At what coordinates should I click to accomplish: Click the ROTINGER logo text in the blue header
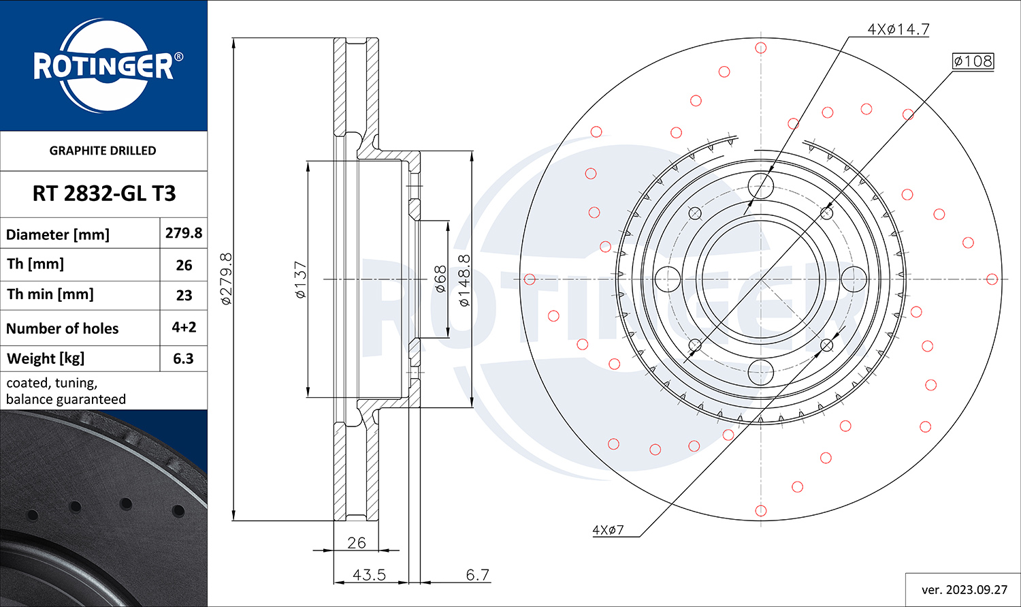pyautogui.click(x=103, y=66)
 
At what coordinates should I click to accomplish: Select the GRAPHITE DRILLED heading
pyautogui.click(x=103, y=151)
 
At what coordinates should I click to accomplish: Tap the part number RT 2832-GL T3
pyautogui.click(x=104, y=193)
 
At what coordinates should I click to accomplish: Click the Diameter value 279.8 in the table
pyautogui.click(x=184, y=233)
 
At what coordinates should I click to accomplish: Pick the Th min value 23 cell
pyautogui.click(x=184, y=295)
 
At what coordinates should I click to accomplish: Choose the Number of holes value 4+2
pyautogui.click(x=184, y=327)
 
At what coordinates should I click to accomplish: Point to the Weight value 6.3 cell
pyautogui.click(x=184, y=358)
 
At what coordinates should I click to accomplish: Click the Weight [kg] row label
pyautogui.click(x=46, y=358)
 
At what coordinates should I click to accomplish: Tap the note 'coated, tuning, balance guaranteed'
pyautogui.click(x=66, y=391)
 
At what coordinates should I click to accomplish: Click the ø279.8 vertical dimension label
pyautogui.click(x=226, y=278)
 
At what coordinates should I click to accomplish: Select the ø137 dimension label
pyautogui.click(x=300, y=279)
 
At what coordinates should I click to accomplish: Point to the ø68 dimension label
pyautogui.click(x=440, y=279)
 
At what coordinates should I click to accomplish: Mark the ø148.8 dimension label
pyautogui.click(x=464, y=279)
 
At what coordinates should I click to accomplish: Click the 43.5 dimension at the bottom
pyautogui.click(x=369, y=575)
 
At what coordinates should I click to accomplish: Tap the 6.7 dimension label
pyautogui.click(x=477, y=575)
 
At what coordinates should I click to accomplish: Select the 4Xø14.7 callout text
pyautogui.click(x=898, y=29)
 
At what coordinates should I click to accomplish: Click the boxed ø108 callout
pyautogui.click(x=973, y=61)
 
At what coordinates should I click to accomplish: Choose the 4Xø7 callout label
pyautogui.click(x=608, y=530)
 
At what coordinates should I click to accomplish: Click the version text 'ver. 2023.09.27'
pyautogui.click(x=964, y=589)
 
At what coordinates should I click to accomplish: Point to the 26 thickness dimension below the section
pyautogui.click(x=356, y=543)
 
